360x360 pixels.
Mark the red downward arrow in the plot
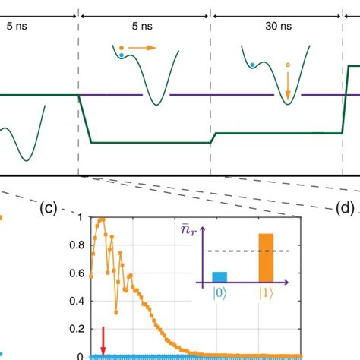tap(103, 338)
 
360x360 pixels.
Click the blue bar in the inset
tap(219, 277)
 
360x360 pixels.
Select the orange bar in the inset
tap(266, 258)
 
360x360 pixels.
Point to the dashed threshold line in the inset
tap(243, 251)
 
